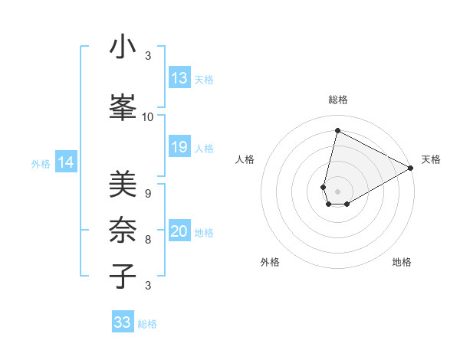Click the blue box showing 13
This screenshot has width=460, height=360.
(x=179, y=78)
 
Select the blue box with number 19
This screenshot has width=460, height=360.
(x=179, y=147)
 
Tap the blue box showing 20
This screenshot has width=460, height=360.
(x=179, y=232)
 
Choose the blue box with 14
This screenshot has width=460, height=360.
(x=66, y=162)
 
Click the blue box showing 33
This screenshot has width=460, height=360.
(x=123, y=322)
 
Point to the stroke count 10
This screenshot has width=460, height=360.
(x=148, y=116)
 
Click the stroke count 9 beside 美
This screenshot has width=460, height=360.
(x=147, y=194)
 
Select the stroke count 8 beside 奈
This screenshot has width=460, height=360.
(x=147, y=240)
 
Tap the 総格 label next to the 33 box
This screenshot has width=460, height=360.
(x=147, y=324)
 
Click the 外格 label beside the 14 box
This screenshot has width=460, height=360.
(x=41, y=163)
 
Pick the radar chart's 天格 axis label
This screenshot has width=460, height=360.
(x=431, y=159)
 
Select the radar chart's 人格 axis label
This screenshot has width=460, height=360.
(x=245, y=159)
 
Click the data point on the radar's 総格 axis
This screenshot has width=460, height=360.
(x=337, y=130)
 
